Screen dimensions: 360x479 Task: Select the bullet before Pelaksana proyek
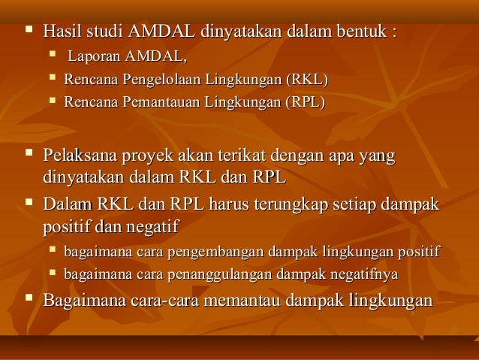point(29,156)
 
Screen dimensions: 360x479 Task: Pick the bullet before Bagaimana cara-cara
point(29,299)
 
